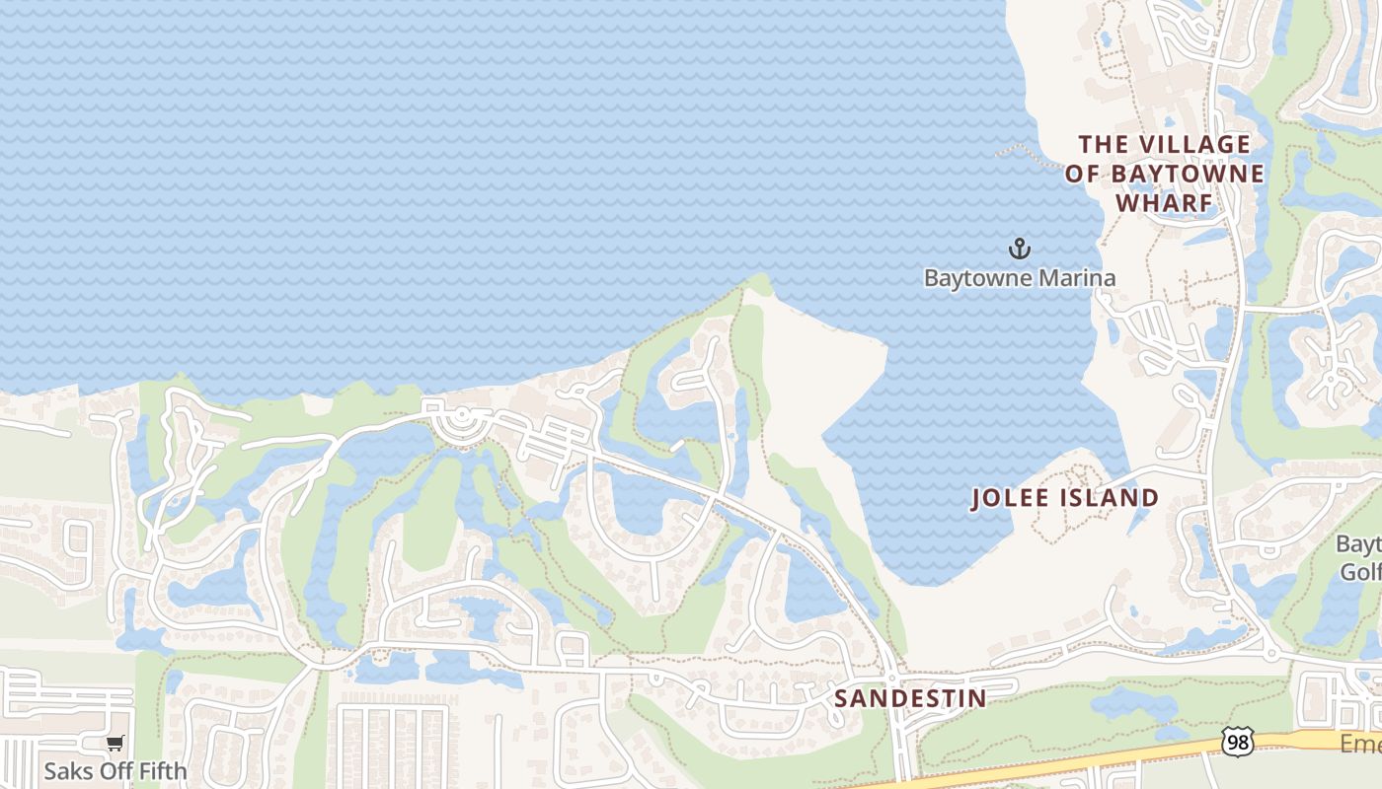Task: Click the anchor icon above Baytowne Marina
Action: click(x=1020, y=249)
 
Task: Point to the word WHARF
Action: click(x=1163, y=203)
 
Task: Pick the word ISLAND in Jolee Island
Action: click(x=1109, y=498)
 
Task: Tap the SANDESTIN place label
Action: click(x=910, y=699)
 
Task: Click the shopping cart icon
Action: click(x=115, y=743)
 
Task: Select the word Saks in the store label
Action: click(x=63, y=769)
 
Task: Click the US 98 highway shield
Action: click(x=1237, y=742)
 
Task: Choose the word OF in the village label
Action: click(x=1082, y=175)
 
